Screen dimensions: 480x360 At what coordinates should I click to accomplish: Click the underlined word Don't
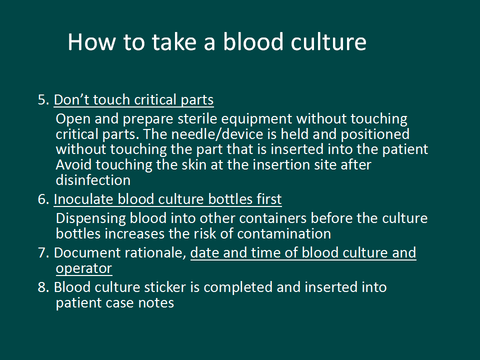point(71,100)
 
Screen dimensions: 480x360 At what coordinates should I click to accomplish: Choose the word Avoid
point(73,165)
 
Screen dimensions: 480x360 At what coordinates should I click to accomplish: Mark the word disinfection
point(93,180)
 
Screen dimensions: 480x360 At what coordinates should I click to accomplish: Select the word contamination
point(284,234)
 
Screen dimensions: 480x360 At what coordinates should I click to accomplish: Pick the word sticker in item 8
point(165,287)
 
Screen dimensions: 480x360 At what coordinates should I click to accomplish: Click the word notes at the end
point(156,303)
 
